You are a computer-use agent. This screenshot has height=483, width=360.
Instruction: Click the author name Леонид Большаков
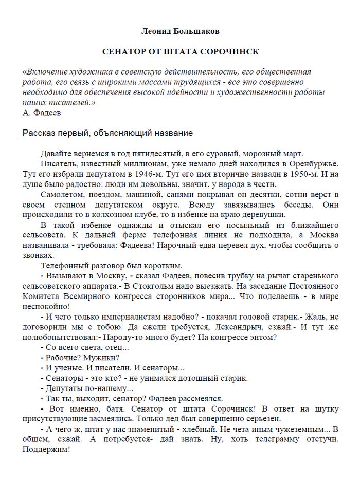coord(180,32)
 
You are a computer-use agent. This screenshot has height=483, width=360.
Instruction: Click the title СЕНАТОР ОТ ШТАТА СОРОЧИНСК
coord(180,52)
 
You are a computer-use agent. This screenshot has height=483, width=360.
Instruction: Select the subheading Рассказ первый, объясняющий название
coord(108,133)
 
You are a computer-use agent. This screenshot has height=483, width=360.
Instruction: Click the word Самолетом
coord(59,195)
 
